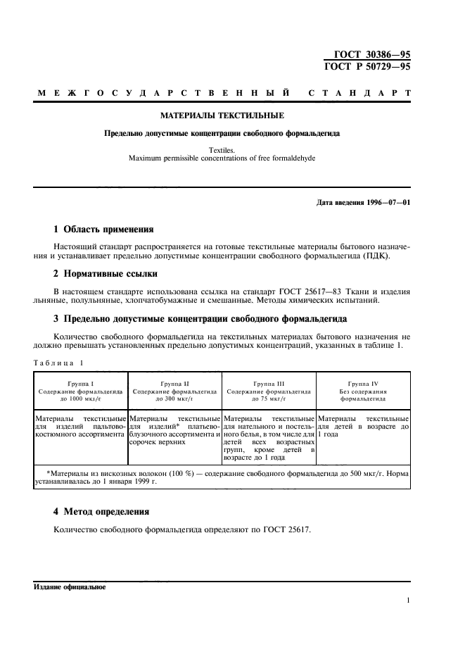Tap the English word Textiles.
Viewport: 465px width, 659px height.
222,150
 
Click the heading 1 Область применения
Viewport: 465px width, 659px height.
104,229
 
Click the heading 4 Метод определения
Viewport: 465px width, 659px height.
101,511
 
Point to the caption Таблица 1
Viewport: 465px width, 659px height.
59,363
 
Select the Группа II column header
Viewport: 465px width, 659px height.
174,383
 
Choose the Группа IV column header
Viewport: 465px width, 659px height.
363,383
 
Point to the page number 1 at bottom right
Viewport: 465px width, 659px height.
408,601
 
